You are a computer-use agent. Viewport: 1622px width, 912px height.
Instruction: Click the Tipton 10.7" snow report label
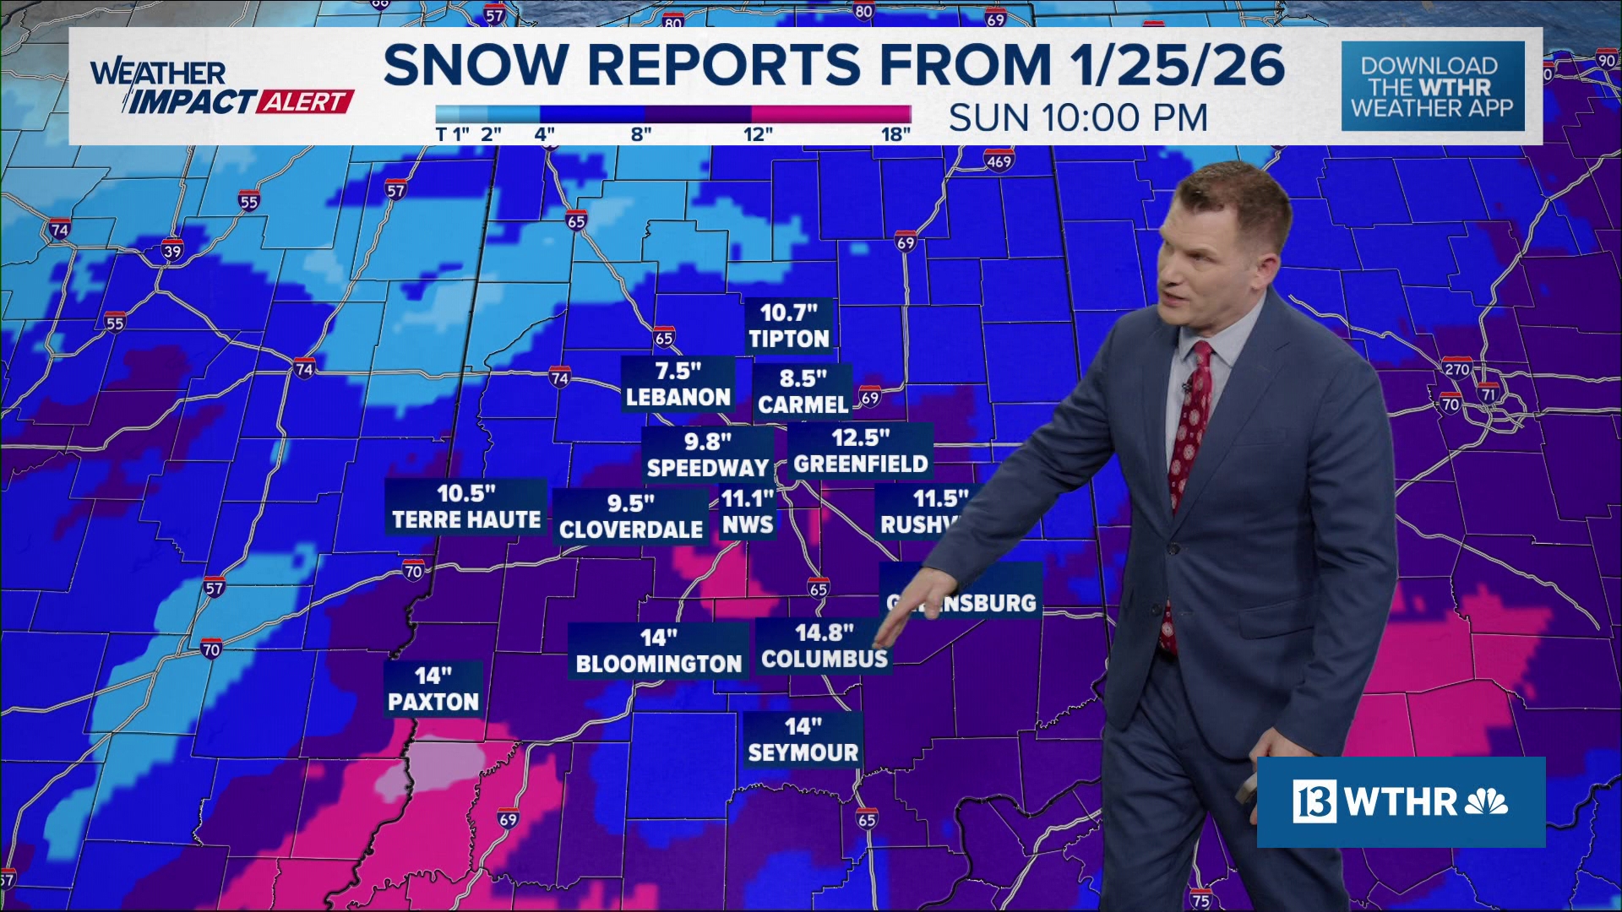point(788,326)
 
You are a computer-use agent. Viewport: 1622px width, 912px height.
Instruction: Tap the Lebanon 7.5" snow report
point(678,384)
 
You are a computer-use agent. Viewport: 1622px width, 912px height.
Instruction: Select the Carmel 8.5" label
point(803,392)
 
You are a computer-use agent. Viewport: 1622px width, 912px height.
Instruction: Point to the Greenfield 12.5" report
point(860,451)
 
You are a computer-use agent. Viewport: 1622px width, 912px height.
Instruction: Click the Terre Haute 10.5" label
point(465,507)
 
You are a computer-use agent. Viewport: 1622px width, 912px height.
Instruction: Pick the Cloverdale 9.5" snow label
point(630,517)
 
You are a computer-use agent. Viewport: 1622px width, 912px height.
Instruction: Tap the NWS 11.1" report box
point(748,512)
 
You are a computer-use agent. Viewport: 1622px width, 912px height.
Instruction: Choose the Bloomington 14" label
point(658,651)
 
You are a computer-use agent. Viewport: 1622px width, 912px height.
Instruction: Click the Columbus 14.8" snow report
point(824,646)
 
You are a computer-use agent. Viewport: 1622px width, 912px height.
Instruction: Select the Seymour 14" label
point(803,740)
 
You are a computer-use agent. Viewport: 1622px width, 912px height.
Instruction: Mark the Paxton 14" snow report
point(433,689)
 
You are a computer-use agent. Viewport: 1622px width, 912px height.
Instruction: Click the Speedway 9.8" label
point(707,454)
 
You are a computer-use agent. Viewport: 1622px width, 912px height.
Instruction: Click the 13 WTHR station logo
point(1401,802)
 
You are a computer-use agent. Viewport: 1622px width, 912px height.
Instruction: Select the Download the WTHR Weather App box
point(1432,86)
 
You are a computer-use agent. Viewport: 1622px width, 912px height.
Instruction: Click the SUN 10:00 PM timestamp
point(1078,118)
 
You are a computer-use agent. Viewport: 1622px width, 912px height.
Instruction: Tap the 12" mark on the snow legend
point(757,134)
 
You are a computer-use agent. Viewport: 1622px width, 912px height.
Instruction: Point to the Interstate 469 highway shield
point(999,160)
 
